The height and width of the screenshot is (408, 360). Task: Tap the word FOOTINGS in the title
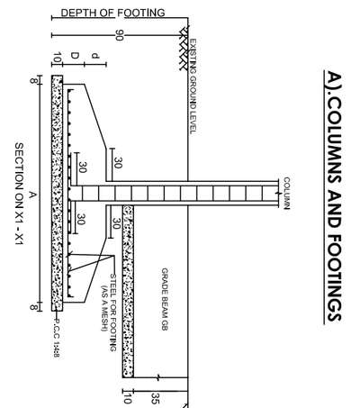point(334,277)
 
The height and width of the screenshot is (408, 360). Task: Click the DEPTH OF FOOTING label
point(112,13)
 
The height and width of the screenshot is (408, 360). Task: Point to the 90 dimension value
point(120,35)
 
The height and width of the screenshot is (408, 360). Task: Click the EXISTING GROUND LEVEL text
point(193,86)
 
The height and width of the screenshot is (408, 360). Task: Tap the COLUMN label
point(286,193)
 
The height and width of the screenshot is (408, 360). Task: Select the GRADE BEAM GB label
point(165,299)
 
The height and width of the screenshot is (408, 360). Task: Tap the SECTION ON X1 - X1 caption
point(19,194)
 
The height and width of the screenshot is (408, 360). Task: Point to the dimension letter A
point(32,195)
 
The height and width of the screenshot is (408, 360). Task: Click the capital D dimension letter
point(75,56)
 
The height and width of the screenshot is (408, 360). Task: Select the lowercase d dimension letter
point(95,56)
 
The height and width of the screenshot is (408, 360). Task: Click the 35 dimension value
point(155,398)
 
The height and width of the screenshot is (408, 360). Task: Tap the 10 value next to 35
point(128,399)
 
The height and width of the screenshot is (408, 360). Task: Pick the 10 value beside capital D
point(57,58)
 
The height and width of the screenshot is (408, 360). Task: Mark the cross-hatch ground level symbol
point(184,48)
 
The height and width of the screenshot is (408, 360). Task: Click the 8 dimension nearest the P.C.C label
point(34,307)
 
